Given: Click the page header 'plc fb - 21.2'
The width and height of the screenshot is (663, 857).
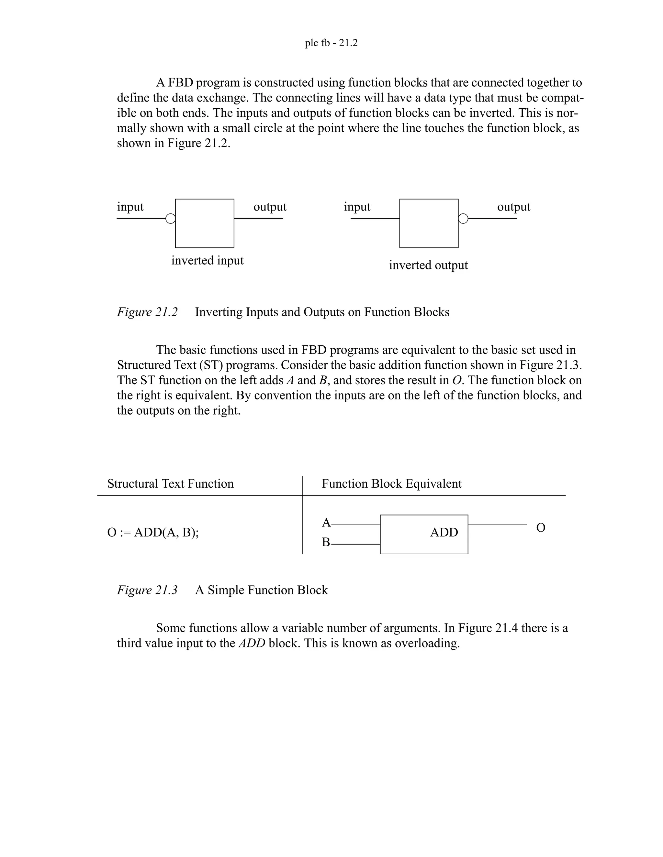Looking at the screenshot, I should [x=331, y=43].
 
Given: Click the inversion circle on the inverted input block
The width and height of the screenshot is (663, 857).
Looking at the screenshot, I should [x=171, y=219].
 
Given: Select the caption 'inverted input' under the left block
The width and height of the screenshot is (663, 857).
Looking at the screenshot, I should [x=208, y=261].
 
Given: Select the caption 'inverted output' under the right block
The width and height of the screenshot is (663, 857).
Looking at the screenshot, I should [x=428, y=265].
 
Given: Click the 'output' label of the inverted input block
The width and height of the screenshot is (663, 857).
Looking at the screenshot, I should [x=270, y=207].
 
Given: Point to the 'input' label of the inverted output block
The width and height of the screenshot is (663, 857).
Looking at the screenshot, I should [x=357, y=207].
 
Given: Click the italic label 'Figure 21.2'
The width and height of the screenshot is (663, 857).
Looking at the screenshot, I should [x=147, y=312].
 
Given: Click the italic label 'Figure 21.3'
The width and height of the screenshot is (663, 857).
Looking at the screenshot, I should [x=147, y=590].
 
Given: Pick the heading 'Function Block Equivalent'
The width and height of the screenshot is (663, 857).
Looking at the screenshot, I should [x=392, y=483].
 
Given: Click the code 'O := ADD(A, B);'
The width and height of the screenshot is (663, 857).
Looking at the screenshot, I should [x=153, y=533].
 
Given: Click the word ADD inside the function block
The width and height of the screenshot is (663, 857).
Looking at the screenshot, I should [x=444, y=533].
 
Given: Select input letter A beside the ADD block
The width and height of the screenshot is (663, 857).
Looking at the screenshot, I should [x=326, y=523].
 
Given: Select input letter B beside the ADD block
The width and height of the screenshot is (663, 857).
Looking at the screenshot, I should [x=326, y=542].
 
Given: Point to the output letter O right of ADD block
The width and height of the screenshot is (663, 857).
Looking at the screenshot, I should [x=540, y=528].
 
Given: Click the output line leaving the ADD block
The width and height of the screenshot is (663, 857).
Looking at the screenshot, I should [x=497, y=525].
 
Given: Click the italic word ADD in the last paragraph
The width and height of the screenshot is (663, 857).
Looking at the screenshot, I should [x=252, y=644].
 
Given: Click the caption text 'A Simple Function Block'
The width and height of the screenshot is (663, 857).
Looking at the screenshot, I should [x=261, y=590].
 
